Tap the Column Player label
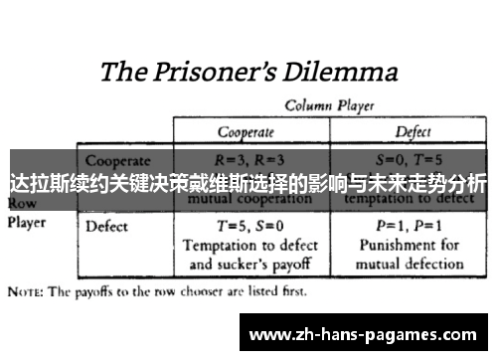324,104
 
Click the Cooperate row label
118,159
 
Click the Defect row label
107,226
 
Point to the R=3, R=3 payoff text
249,158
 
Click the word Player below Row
27,223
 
